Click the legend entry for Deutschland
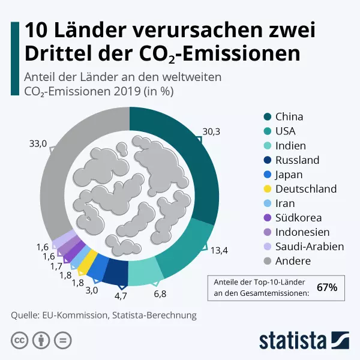tap(306, 189)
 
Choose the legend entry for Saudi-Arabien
tap(310, 247)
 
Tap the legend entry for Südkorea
tap(298, 218)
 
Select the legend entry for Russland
tap(297, 160)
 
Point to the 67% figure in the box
tap(327, 287)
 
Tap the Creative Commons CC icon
tap(20, 340)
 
